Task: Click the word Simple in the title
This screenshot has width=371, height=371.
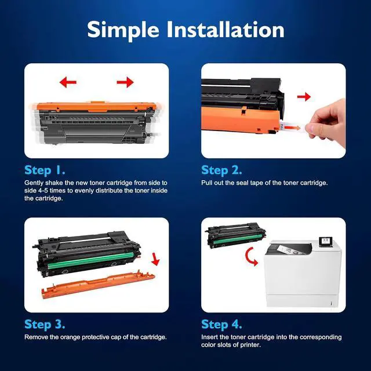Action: point(123,30)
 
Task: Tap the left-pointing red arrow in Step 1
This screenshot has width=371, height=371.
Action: point(68,83)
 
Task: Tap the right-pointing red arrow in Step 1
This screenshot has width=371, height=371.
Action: point(125,83)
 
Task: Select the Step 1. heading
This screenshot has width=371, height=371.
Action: point(45,170)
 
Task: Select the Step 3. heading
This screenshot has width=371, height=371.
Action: point(45,324)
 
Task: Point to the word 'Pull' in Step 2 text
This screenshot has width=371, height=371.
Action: point(207,183)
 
